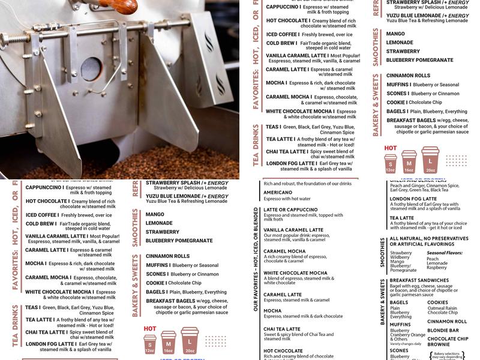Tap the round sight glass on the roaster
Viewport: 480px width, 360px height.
click(91, 68)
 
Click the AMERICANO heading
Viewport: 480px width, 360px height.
click(278, 193)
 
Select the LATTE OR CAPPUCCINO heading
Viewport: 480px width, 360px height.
click(290, 209)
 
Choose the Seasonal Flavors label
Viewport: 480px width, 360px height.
click(445, 253)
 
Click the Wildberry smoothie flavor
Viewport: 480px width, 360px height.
click(400, 257)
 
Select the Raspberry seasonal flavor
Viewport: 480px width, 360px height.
click(436, 268)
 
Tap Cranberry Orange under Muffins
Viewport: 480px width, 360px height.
click(407, 335)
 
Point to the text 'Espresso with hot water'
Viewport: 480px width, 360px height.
click(287, 199)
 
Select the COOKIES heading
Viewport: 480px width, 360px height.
click(437, 302)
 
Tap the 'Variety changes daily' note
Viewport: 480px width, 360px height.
click(406, 344)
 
